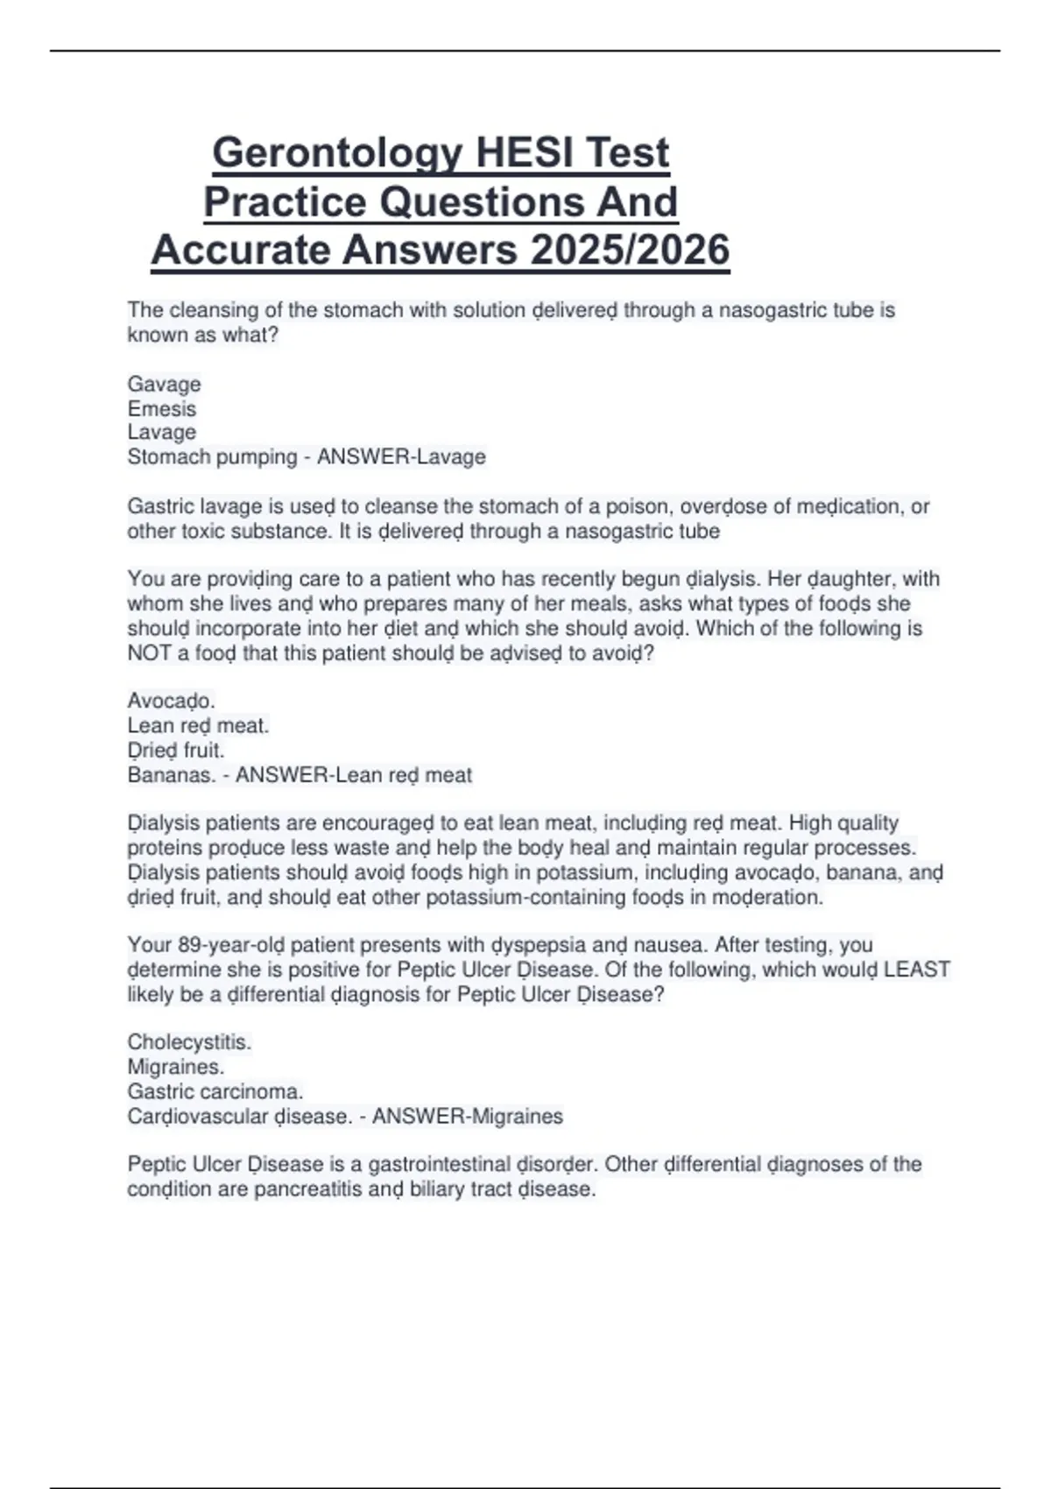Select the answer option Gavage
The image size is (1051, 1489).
click(x=164, y=385)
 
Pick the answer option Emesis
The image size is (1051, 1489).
click(x=161, y=409)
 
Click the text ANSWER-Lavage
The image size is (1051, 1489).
click(x=401, y=457)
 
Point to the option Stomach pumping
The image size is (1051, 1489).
click(x=212, y=457)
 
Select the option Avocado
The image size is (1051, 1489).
click(x=171, y=702)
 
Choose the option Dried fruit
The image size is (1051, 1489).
click(x=175, y=751)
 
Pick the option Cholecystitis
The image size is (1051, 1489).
click(x=189, y=1042)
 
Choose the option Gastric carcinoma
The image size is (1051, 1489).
click(x=215, y=1092)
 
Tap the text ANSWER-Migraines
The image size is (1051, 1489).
click(x=468, y=1117)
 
